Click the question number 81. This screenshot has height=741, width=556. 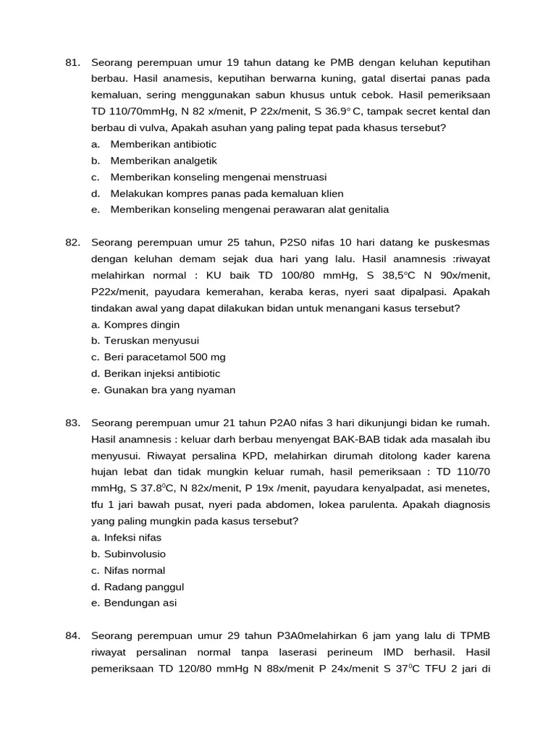(x=72, y=62)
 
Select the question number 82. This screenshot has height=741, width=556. (x=72, y=242)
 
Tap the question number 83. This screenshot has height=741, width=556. (x=72, y=423)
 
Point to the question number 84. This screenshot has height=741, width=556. (x=72, y=636)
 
